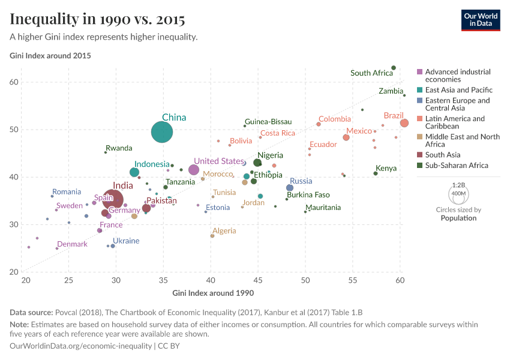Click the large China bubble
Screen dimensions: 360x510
coord(162,132)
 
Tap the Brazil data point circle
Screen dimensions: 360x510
coord(404,123)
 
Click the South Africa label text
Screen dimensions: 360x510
coord(371,73)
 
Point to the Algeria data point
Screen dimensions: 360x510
coord(212,236)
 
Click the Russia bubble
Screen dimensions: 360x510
coord(290,188)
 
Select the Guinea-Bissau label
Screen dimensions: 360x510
coord(268,121)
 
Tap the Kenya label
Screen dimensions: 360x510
coord(386,169)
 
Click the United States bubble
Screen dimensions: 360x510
coord(194,170)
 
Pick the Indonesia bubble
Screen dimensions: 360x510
coord(134,172)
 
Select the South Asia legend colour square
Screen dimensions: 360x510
coord(420,155)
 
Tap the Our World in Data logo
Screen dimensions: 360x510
coord(480,19)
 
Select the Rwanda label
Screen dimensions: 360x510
coord(119,148)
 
